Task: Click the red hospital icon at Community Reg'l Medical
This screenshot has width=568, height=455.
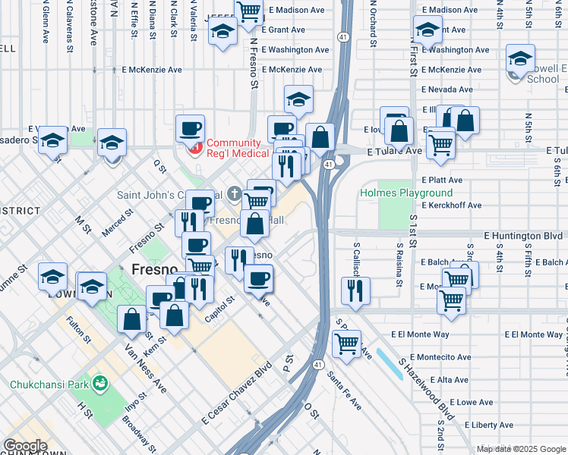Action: tap(197, 144)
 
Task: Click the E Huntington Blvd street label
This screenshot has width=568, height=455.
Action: tap(522, 236)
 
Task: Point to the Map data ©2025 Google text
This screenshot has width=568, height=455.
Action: tap(520, 449)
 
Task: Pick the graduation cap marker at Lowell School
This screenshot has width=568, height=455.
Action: tap(521, 60)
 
